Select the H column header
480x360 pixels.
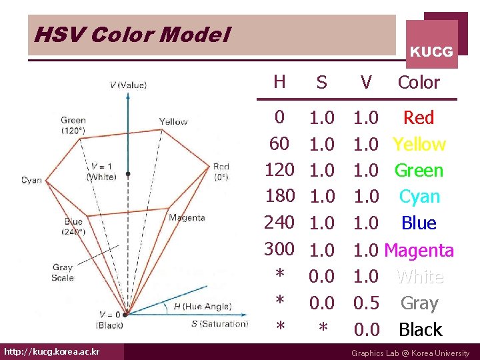click(x=279, y=81)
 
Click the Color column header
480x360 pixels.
click(x=419, y=83)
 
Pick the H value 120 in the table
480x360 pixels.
click(x=279, y=170)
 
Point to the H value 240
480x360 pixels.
click(x=279, y=223)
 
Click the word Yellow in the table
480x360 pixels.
click(x=419, y=144)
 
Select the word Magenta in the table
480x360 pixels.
click(x=419, y=250)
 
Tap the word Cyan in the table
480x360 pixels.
click(x=419, y=197)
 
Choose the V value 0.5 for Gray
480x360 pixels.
click(x=366, y=303)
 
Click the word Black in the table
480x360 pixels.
click(x=420, y=329)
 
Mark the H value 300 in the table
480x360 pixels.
click(x=279, y=249)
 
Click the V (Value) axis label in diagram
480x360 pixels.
click(x=128, y=85)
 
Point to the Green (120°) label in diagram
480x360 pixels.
click(x=73, y=125)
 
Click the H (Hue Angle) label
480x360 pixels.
click(x=202, y=306)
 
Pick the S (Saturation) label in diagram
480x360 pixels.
click(x=219, y=324)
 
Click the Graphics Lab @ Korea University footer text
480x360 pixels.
click(x=410, y=353)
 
